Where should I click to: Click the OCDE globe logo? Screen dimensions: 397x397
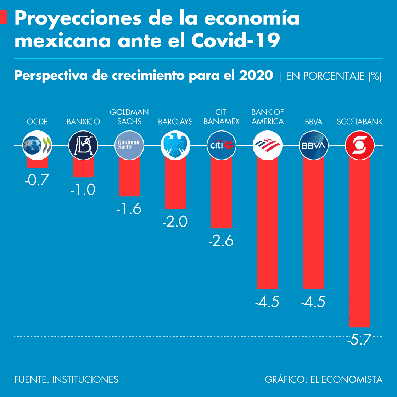pyautogui.click(x=37, y=145)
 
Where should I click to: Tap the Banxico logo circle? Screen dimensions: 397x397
pyautogui.click(x=83, y=145)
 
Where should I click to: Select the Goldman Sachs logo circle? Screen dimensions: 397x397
pyautogui.click(x=129, y=145)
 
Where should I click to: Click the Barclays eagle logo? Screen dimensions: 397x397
pyautogui.click(x=175, y=145)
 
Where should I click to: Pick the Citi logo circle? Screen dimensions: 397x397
pyautogui.click(x=222, y=145)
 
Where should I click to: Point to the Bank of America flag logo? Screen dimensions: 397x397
pyautogui.click(x=268, y=145)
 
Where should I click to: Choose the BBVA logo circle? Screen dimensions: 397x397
pyautogui.click(x=314, y=145)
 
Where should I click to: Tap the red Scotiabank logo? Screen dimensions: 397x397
pyautogui.click(x=360, y=145)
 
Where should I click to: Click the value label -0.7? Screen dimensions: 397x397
pyautogui.click(x=37, y=180)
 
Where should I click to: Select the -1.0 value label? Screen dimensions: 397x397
pyautogui.click(x=83, y=190)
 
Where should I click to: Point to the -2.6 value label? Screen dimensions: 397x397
pyautogui.click(x=221, y=241)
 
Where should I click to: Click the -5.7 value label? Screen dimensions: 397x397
pyautogui.click(x=359, y=340)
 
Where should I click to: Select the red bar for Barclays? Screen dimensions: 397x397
pyautogui.click(x=175, y=182)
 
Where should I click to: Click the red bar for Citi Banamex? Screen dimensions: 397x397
pyautogui.click(x=222, y=192)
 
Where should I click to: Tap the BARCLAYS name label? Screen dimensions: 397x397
pyautogui.click(x=175, y=122)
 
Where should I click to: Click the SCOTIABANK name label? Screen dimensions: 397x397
pyautogui.click(x=360, y=122)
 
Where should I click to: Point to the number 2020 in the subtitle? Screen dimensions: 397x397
pyautogui.click(x=256, y=75)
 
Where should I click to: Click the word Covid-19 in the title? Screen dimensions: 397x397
pyautogui.click(x=236, y=40)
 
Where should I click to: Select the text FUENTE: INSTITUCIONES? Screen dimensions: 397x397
pyautogui.click(x=66, y=380)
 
